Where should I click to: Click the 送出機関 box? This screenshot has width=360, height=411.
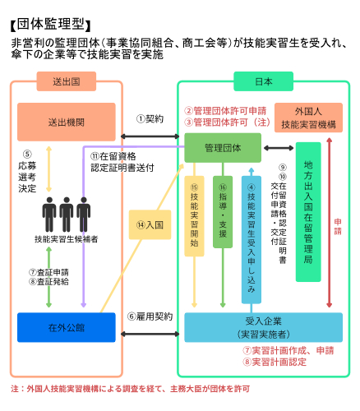point(67,122)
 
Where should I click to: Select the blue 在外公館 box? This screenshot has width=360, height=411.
point(67,327)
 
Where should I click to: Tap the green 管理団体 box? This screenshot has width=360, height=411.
point(223,148)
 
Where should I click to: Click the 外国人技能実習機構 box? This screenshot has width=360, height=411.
point(308,118)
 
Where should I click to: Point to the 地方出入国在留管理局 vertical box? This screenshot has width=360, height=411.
point(308,212)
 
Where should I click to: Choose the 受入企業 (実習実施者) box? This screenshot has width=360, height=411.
point(264,327)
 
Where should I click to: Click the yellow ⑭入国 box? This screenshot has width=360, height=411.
point(150,224)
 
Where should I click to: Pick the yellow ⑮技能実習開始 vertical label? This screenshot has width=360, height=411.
point(194,216)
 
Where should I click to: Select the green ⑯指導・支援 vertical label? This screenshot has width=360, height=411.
point(223,212)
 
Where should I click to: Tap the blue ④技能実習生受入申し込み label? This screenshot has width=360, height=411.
point(252,240)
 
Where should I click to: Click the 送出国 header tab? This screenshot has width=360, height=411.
point(67,81)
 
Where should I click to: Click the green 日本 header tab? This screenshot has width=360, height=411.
point(263,81)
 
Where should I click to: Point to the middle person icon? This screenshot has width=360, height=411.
point(67,215)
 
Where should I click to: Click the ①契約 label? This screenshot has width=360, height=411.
point(150,119)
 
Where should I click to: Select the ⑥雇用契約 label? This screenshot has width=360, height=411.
point(150,316)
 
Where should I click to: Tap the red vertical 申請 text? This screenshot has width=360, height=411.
point(338,226)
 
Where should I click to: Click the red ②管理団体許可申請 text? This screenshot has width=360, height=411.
point(225,111)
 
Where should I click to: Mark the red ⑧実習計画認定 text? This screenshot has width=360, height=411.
point(275,362)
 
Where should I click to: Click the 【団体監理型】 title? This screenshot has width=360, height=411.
point(51,25)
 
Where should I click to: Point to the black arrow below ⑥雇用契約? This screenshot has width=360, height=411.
point(150,334)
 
